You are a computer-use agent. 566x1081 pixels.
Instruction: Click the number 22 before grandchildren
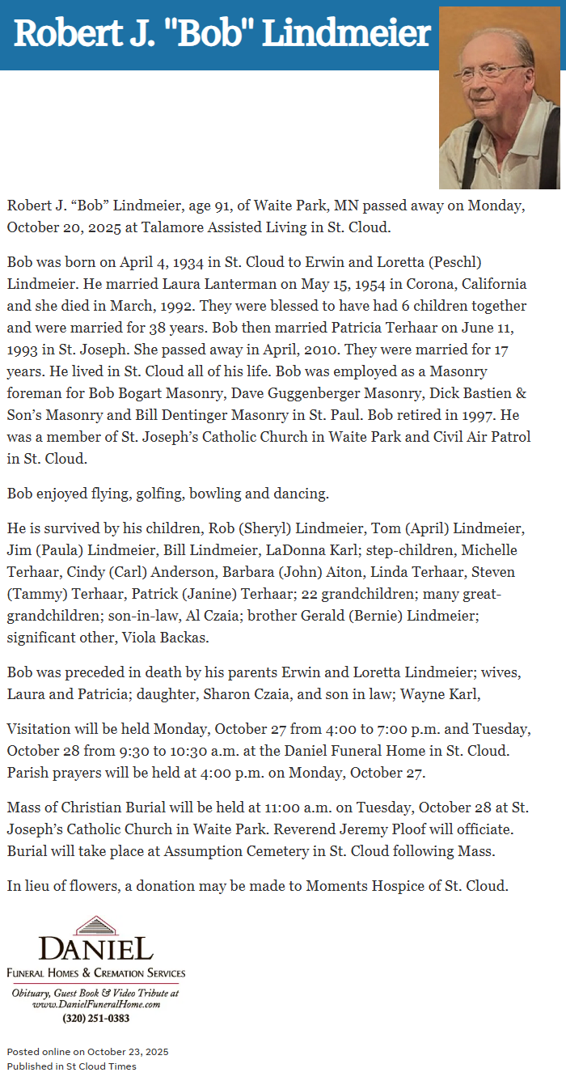(309, 594)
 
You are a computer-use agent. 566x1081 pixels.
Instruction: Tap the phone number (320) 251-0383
(95, 1019)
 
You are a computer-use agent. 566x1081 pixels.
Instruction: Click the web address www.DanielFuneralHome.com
(95, 1004)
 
